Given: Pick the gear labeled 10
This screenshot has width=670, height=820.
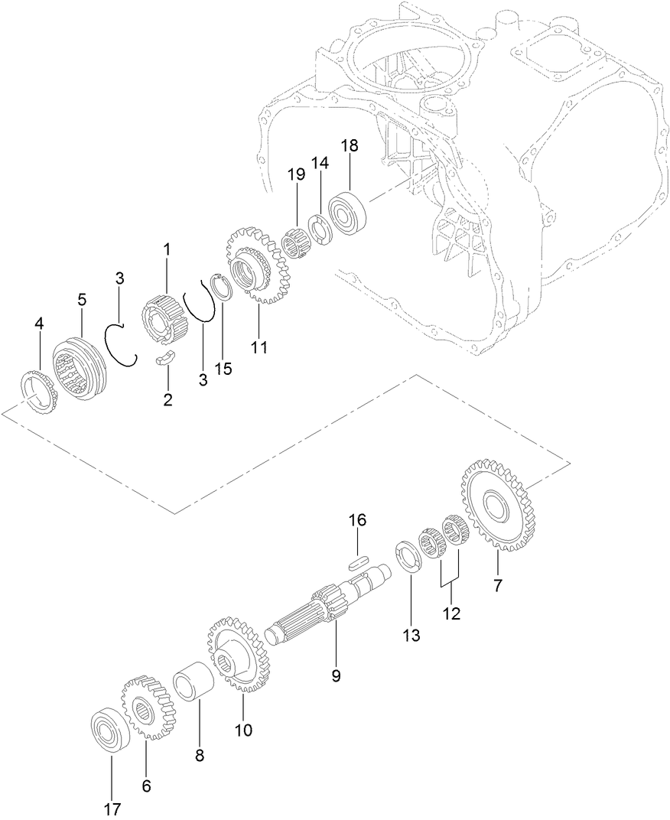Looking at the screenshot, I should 236,654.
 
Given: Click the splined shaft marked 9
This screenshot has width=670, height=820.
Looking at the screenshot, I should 321,608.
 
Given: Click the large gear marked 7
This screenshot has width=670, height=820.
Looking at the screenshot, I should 498,506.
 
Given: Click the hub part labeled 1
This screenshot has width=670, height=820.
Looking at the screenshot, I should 162,318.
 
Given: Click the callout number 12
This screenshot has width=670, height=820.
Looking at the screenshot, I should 450,613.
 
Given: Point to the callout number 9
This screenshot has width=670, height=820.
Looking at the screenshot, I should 336,675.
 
